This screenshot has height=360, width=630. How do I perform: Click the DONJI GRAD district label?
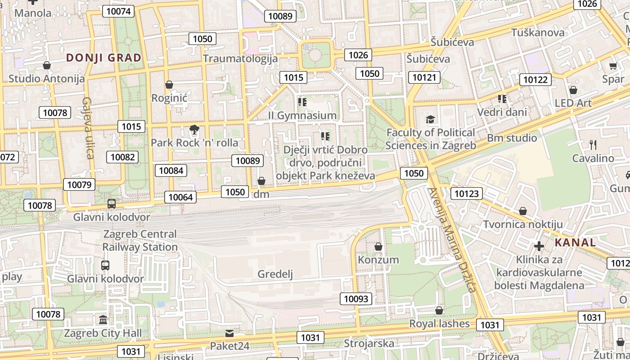tap(103, 58)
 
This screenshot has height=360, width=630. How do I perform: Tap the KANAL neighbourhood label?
tap(575, 243)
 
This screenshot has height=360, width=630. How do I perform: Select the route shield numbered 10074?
tap(118, 11)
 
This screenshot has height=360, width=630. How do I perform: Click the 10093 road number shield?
tap(356, 298)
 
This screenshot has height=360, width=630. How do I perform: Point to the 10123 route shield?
tap(467, 194)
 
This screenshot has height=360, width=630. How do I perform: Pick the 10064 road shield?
tap(180, 197)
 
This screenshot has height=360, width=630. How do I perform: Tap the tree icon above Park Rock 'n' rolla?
tap(194, 130)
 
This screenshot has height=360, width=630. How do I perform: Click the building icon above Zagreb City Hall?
tap(103, 320)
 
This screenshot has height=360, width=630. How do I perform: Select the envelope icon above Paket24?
tap(229, 333)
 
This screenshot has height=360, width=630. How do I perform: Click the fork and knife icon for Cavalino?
tap(593, 145)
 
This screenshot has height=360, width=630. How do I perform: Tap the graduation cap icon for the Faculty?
tap(431, 120)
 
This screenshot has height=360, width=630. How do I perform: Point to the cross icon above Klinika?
tap(539, 246)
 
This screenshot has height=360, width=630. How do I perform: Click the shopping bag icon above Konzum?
tap(378, 247)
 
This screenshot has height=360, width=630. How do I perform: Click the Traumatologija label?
tap(240, 58)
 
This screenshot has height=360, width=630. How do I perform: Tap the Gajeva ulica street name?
tap(87, 128)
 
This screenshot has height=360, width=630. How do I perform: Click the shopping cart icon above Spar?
tap(613, 66)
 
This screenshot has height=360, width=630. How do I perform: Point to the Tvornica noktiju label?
tap(523, 224)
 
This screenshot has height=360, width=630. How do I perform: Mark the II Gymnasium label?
tap(302, 115)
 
